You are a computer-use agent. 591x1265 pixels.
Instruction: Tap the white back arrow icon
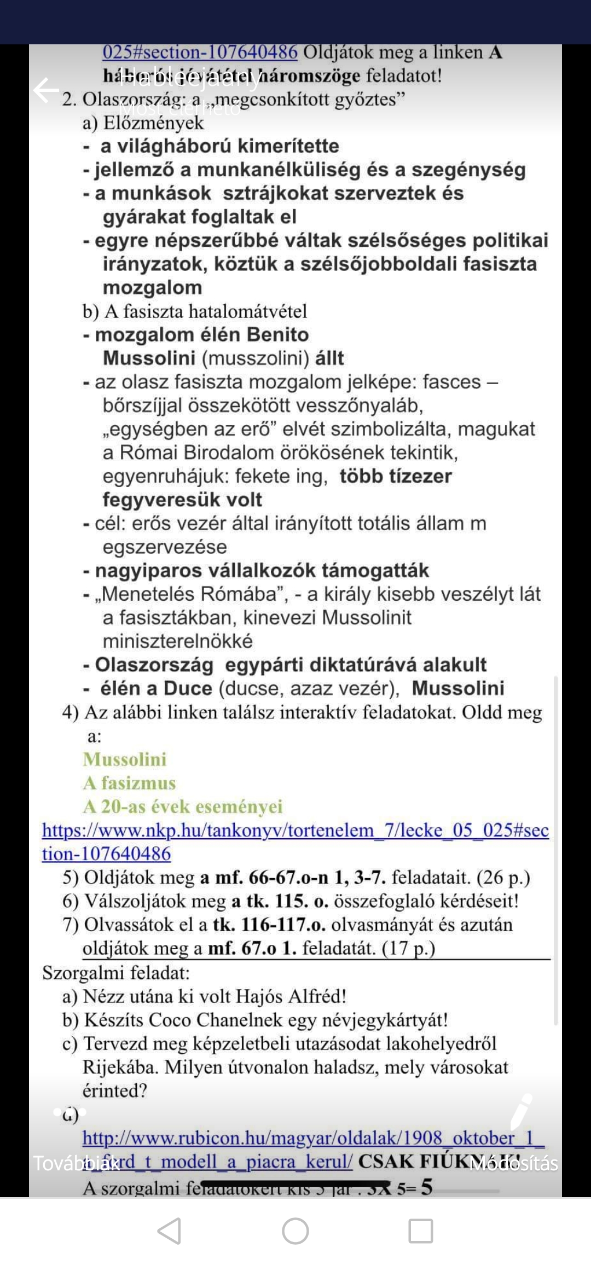coord(46,90)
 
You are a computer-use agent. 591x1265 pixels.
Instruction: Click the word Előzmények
coord(153,123)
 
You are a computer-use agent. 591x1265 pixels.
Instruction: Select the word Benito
coord(277,335)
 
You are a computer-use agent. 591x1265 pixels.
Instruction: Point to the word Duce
coord(188,688)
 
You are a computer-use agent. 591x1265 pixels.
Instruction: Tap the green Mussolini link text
coord(125,759)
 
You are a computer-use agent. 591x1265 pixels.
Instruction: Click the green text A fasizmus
coord(129,783)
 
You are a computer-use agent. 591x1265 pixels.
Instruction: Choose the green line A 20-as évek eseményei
coord(183,806)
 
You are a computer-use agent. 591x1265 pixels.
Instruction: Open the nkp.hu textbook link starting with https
coord(296,831)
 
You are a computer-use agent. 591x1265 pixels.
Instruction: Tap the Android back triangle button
coord(170,1231)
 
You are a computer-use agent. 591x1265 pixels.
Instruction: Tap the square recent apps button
coord(421,1231)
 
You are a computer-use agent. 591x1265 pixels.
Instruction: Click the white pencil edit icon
coord(521,1111)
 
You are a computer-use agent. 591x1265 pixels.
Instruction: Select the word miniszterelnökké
coord(178,641)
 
